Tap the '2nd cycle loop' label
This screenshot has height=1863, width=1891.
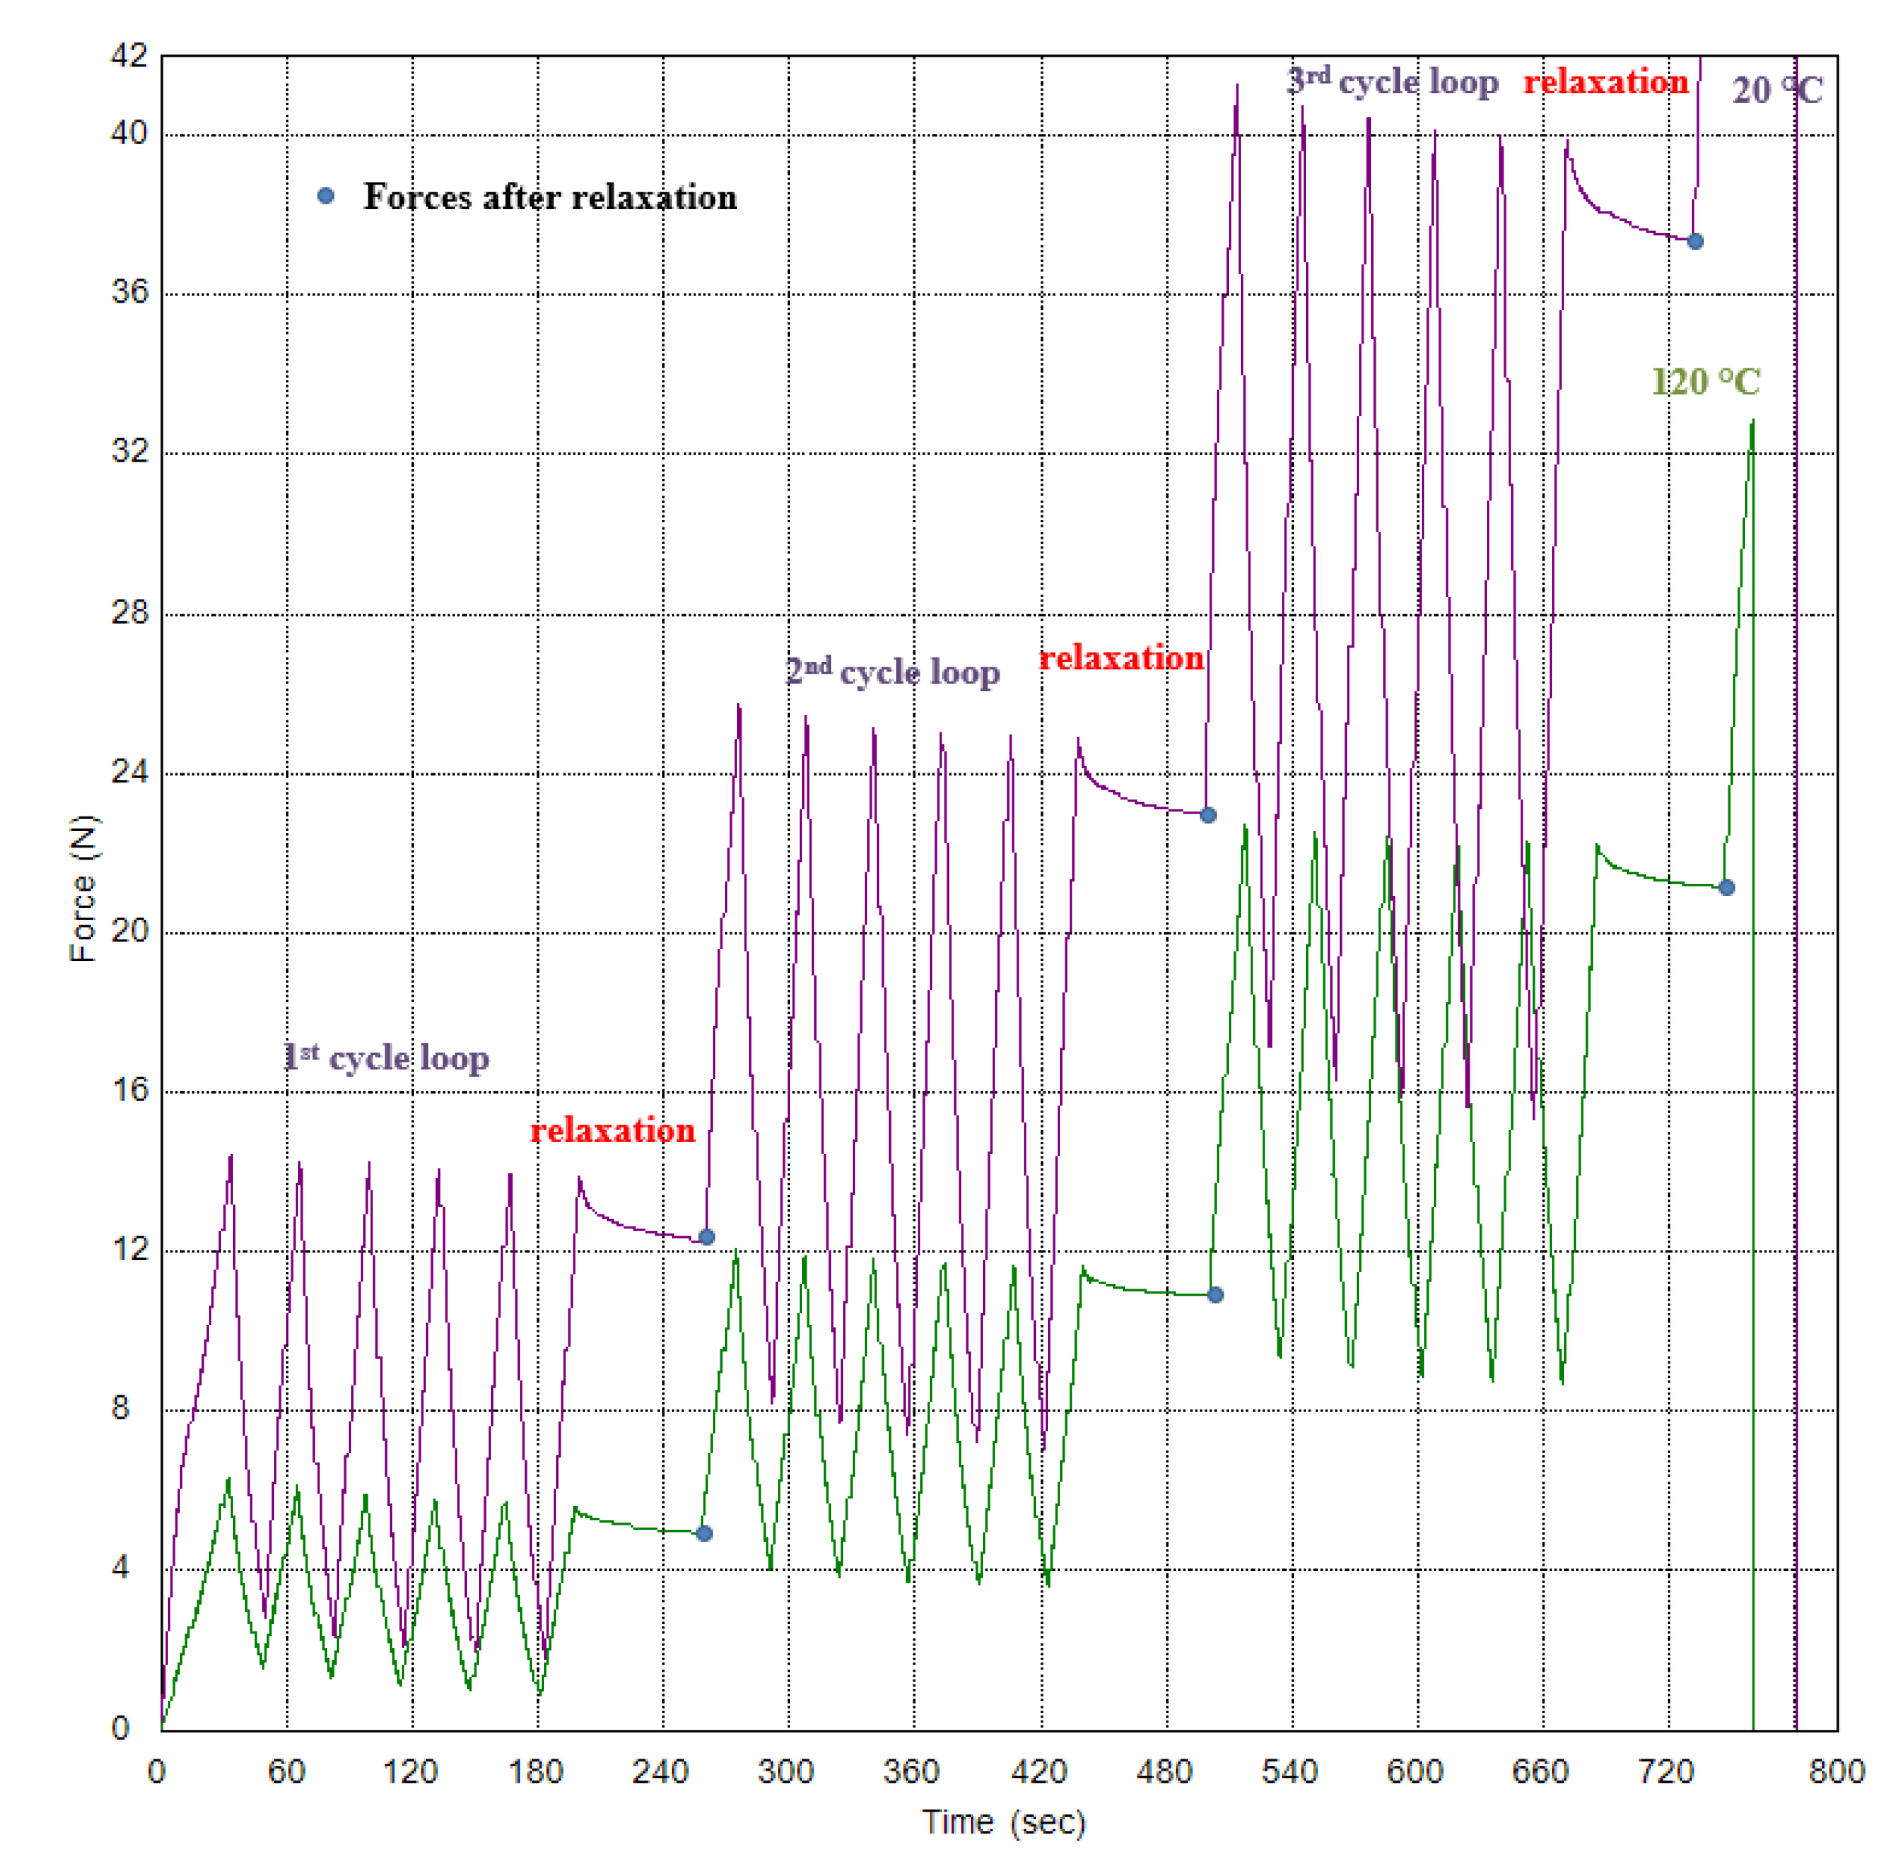[892, 671]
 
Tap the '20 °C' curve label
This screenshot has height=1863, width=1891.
[1777, 90]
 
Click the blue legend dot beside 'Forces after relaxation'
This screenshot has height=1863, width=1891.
[326, 197]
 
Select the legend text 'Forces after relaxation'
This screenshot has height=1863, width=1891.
[550, 197]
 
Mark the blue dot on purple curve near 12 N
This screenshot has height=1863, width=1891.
[706, 1236]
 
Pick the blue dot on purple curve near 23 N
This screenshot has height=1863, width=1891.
[1208, 815]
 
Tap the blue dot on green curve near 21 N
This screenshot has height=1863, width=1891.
[1727, 888]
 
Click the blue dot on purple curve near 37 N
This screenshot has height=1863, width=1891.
[1695, 241]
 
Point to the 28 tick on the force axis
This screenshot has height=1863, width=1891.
[129, 614]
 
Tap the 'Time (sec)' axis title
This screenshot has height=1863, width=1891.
[1003, 1822]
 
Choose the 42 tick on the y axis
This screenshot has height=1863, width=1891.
[129, 56]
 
